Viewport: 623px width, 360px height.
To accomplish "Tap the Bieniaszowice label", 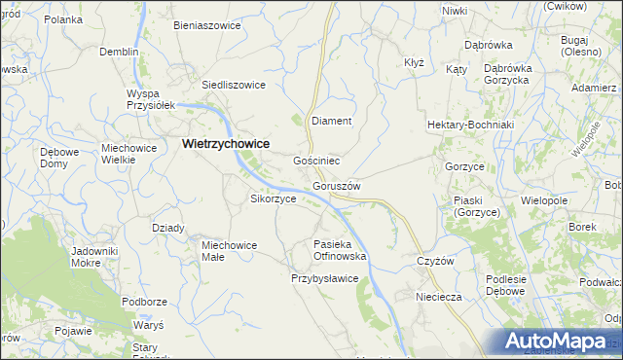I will (206, 25).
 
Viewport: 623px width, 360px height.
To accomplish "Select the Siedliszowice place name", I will (234, 85).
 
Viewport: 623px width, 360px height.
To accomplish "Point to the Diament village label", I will (330, 121).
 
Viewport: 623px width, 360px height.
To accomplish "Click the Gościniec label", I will (316, 160).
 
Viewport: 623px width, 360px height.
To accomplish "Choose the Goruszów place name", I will (338, 186).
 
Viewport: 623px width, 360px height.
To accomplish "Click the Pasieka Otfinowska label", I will (339, 250).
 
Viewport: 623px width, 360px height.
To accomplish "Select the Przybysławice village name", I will (325, 278).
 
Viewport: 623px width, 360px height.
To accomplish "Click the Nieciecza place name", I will (437, 297).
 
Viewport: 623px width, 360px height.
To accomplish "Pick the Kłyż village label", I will (414, 62).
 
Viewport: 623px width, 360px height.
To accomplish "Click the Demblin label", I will (119, 52).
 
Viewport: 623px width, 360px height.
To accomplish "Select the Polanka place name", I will (62, 19).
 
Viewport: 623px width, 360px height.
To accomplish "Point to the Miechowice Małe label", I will (229, 251).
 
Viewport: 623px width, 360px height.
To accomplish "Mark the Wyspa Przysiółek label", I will (149, 100).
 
